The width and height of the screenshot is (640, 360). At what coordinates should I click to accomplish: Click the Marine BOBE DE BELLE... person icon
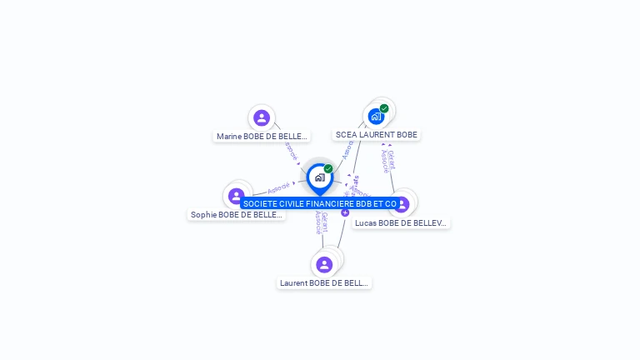(x=262, y=118)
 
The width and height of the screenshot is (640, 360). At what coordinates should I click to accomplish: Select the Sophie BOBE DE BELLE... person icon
(x=237, y=197)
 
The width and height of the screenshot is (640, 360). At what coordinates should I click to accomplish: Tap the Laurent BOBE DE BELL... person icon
(x=324, y=265)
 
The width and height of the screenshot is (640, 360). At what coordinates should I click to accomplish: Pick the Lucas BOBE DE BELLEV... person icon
(x=402, y=203)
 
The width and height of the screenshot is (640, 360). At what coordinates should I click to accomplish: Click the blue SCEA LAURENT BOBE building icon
(x=376, y=117)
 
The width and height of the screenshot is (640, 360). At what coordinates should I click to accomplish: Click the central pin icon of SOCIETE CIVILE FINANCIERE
(x=319, y=177)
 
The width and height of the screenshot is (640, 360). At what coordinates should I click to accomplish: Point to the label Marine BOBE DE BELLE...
(x=262, y=136)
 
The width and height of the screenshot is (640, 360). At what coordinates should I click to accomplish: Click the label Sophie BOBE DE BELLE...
(x=237, y=214)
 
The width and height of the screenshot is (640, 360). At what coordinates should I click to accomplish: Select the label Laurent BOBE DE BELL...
(x=324, y=282)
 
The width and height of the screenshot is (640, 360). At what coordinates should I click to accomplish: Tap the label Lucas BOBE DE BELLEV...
(x=401, y=222)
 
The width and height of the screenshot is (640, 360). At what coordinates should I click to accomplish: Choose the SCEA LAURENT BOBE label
(x=376, y=134)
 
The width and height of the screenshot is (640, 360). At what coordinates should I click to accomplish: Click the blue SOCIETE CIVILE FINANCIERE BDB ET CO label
(x=319, y=203)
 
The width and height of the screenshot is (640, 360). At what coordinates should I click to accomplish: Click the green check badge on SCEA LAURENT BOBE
(x=384, y=108)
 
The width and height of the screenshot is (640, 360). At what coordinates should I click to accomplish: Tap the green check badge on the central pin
(x=328, y=169)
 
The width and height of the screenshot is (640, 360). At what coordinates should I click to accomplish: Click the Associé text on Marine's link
(x=290, y=151)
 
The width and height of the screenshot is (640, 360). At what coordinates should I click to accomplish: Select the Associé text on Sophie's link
(x=278, y=188)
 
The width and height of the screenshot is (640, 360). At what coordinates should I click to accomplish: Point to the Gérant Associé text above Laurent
(x=321, y=222)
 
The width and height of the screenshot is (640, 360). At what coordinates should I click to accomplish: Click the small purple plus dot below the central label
(x=345, y=212)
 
